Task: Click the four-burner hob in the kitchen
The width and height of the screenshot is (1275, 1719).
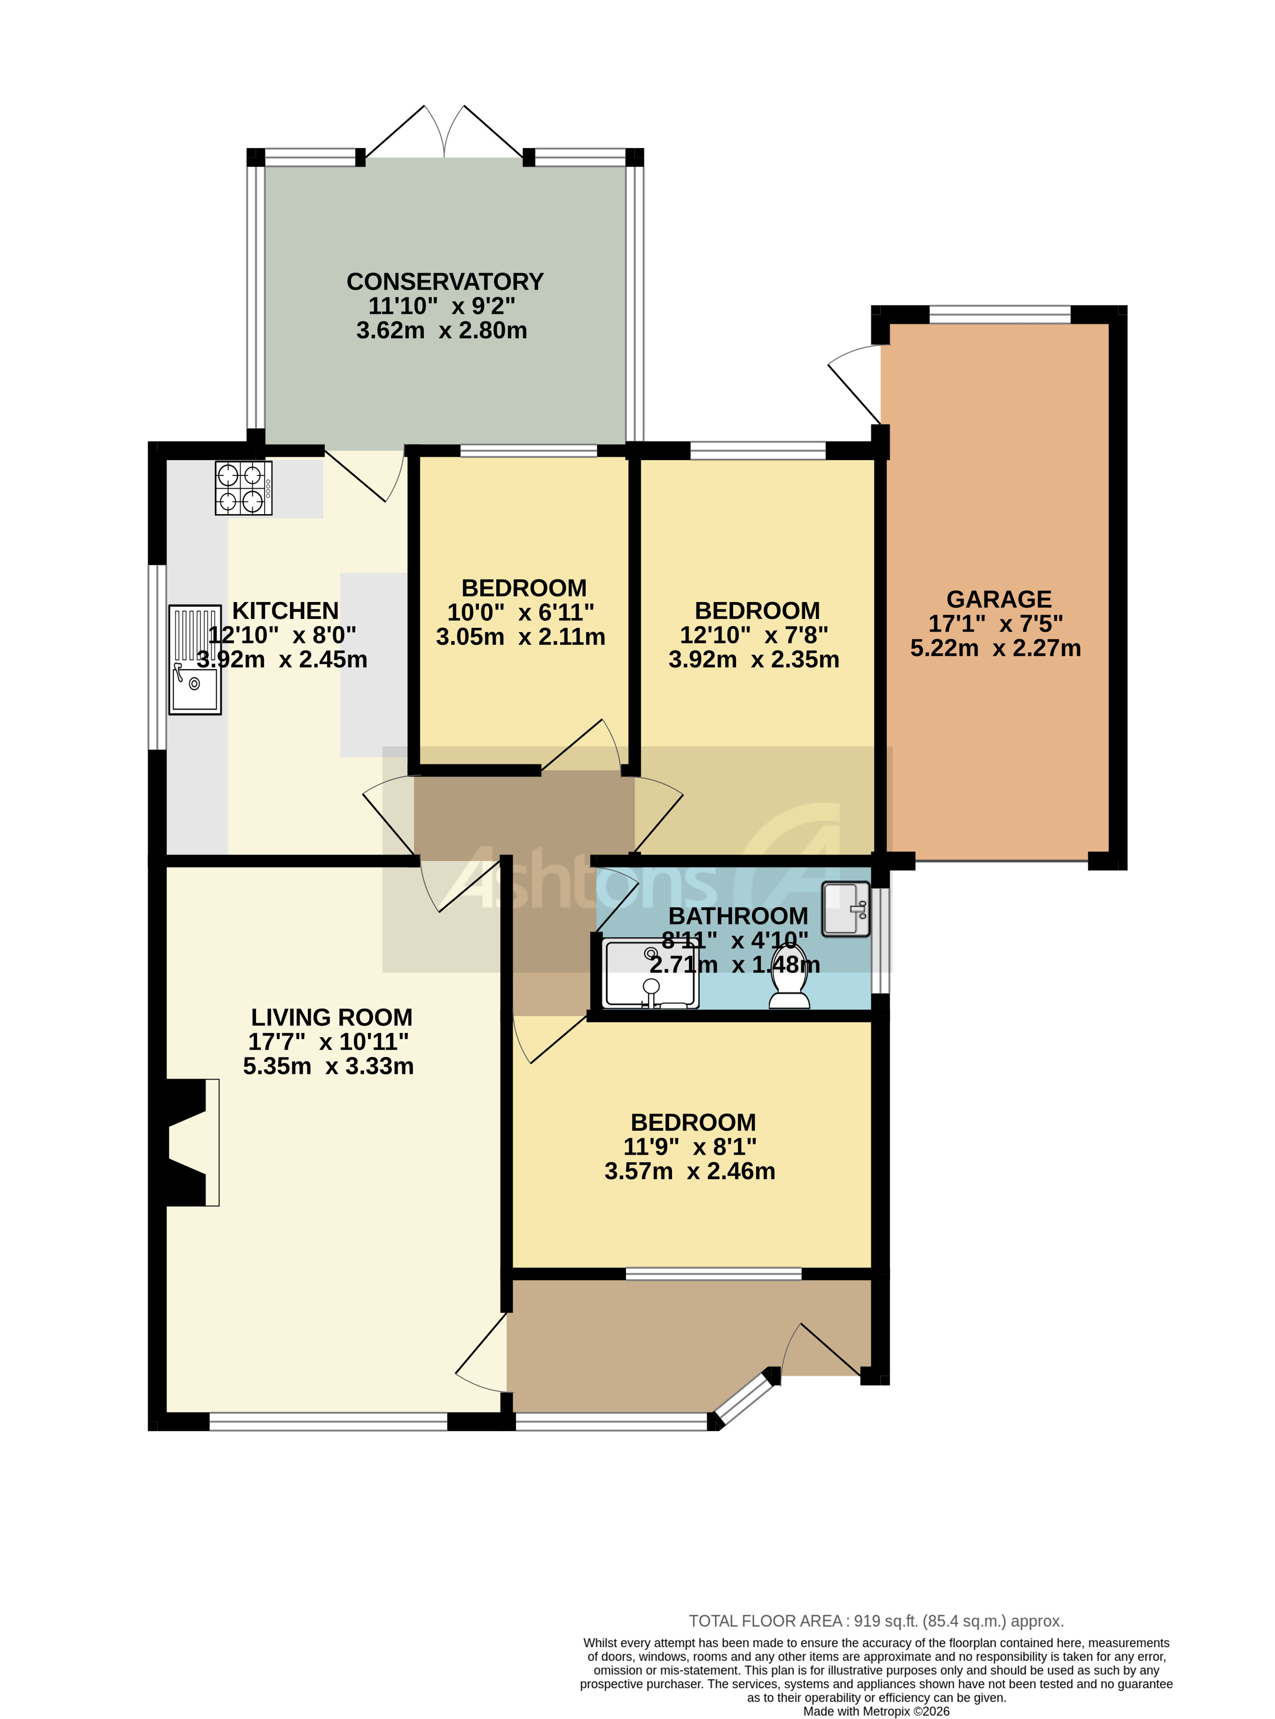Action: point(243,488)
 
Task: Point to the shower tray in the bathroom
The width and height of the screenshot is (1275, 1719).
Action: point(650,974)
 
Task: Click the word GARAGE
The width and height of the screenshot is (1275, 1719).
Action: point(999,599)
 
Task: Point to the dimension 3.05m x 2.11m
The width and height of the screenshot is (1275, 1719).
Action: point(520,637)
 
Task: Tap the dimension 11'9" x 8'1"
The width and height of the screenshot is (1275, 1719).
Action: point(689,1146)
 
